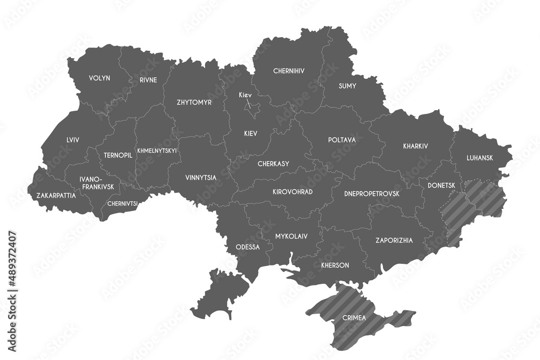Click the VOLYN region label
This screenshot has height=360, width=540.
tap(99, 78)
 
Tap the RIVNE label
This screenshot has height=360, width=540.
tap(148, 80)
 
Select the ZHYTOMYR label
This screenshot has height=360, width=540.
tap(194, 102)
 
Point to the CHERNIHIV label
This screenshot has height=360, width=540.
tap(289, 71)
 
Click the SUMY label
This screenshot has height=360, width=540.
tap(347, 86)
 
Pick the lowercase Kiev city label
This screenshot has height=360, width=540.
tap(245, 95)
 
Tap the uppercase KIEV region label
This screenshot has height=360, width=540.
tap(250, 133)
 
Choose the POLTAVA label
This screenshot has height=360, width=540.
tap(342, 140)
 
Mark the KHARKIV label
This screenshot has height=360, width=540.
tap(415, 146)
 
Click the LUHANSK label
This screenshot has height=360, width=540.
tap(480, 158)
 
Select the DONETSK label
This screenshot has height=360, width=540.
tap(441, 185)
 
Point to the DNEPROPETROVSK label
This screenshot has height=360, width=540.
tap(372, 193)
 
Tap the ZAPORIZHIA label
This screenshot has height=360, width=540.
tap(394, 241)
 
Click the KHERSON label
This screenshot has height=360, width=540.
tap(335, 266)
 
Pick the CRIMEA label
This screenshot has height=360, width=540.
tap(354, 318)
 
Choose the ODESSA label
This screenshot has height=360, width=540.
tap(248, 247)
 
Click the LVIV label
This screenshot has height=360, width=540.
tap(73, 140)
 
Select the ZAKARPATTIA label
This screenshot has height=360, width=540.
tap(56, 195)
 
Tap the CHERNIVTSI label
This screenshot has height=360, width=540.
tap(123, 204)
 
